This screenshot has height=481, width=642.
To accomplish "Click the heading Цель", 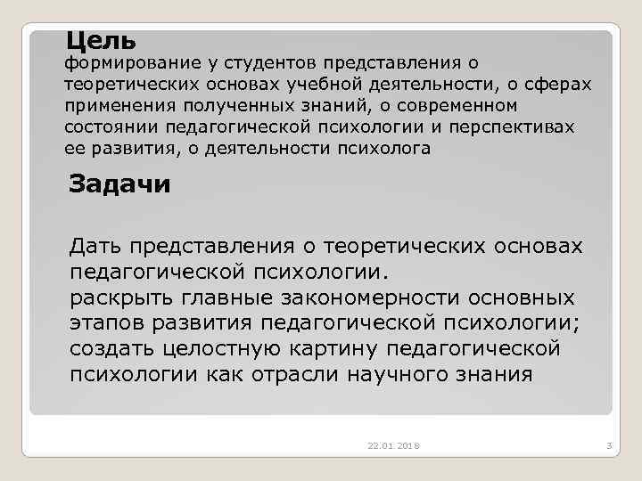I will coord(101,40).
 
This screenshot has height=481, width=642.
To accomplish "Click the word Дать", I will coord(95,245).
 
